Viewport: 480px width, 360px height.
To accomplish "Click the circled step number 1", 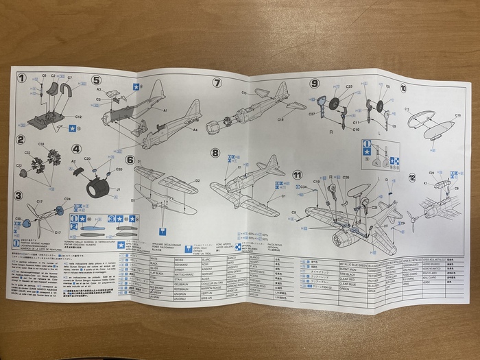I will coord(22,78).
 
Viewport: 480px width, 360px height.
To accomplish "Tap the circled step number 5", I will coord(97,80).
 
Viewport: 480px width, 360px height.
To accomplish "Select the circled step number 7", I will coord(217,83).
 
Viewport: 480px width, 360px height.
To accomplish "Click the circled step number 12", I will coord(412,177).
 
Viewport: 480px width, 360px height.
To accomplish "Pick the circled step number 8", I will coord(215,152).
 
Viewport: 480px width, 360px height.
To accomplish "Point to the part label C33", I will coord(41,144).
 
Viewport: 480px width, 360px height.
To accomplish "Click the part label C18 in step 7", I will coord(280,119).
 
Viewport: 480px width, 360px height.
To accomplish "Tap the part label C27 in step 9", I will coord(313,113).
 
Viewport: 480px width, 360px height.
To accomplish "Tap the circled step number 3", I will coord(19,196).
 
